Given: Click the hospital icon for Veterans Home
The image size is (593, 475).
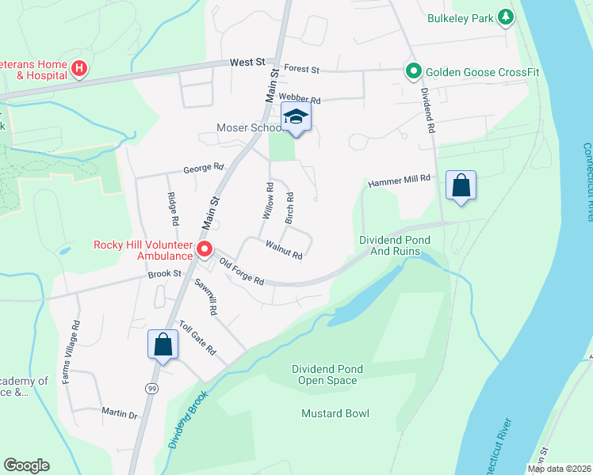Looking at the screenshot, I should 79,69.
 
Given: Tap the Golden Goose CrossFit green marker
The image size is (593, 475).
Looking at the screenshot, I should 413,72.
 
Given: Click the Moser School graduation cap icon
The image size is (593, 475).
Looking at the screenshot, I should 296,117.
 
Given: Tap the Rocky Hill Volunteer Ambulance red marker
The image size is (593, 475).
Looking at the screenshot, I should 205,250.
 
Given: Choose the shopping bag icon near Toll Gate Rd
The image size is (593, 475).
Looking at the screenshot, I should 163,345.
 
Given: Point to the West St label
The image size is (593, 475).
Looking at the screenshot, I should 248,62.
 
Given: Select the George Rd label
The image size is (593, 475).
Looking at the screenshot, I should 204,168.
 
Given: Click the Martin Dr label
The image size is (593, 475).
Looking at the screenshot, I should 120,412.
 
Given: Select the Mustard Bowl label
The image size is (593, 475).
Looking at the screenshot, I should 335,413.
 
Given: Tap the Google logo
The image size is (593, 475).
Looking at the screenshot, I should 26,465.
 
